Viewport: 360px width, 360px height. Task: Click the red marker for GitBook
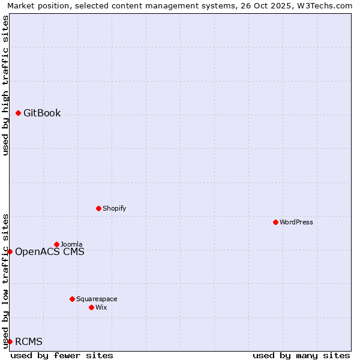(19, 113)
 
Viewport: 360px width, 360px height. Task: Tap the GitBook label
(42, 113)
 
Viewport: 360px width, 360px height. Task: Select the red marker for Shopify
(99, 208)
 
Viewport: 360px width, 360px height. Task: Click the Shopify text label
(114, 209)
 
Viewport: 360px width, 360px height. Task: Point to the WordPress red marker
(275, 222)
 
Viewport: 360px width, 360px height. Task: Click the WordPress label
(296, 223)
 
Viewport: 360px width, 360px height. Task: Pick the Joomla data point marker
(57, 244)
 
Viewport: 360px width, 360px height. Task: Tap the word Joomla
(71, 245)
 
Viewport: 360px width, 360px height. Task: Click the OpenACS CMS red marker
(10, 251)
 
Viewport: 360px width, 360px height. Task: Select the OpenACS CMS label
(50, 252)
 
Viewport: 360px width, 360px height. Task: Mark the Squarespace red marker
(73, 299)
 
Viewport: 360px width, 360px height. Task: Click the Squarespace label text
(97, 299)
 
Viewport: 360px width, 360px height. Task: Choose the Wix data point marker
(92, 307)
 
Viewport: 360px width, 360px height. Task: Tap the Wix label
(101, 308)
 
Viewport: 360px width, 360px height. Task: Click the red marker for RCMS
(10, 341)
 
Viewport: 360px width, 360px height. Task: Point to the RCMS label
(29, 342)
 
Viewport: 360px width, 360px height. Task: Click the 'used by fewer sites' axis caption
(62, 356)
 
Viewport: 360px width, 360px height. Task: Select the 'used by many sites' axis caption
(301, 356)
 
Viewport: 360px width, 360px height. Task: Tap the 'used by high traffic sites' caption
(6, 85)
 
